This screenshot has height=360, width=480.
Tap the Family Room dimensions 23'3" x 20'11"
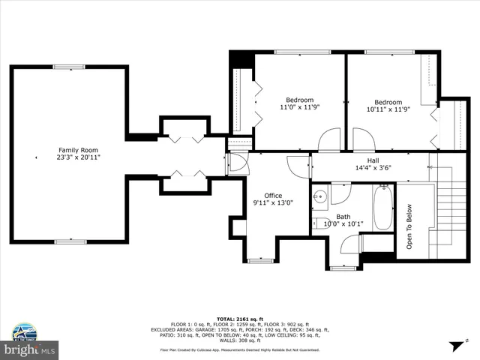coord(77,157)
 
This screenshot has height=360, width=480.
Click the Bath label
coord(343,217)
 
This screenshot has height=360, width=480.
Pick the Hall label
coord(373,160)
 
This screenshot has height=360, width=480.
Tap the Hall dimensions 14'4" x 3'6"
coord(373,168)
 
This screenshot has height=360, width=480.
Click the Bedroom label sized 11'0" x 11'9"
coord(299,100)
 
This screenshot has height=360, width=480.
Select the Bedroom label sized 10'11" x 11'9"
coord(388,102)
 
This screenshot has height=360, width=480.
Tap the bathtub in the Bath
coord(382,208)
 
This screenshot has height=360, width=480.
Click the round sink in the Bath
coord(319,198)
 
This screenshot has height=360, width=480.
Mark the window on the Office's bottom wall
coord(258,260)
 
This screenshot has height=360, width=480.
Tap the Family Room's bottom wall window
coord(70,241)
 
